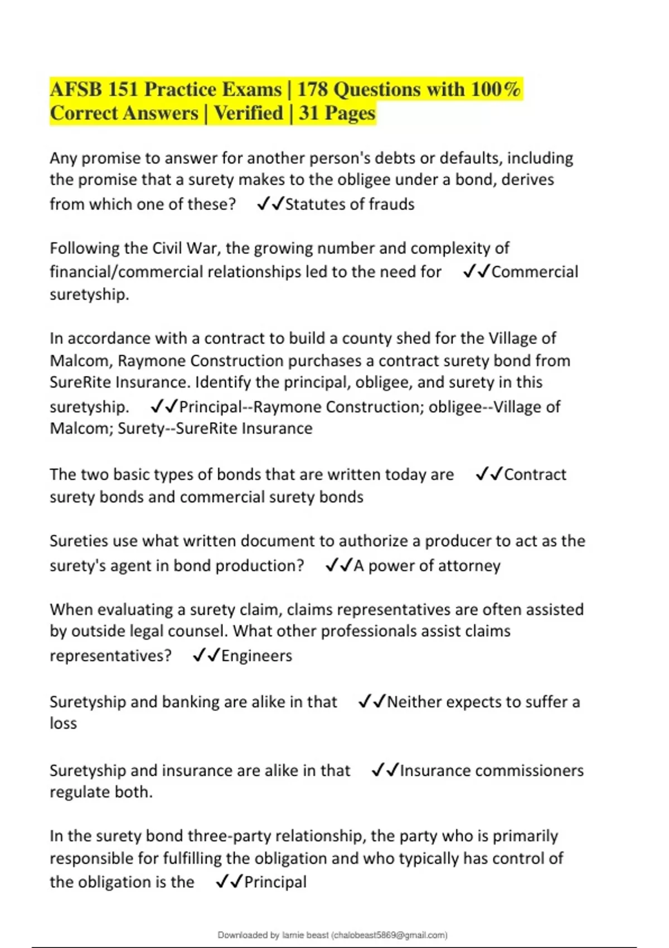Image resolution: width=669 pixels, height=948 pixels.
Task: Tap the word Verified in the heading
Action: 249,113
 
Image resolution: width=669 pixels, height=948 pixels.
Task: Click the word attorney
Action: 469,565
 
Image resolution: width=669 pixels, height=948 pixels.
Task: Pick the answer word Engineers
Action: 256,656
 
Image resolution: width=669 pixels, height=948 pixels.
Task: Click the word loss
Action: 63,723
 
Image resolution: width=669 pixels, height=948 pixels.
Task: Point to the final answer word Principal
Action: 275,882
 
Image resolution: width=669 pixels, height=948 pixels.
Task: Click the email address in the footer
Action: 390,935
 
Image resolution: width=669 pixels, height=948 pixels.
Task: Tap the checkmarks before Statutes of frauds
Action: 270,204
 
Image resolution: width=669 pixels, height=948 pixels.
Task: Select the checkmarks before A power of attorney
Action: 338,565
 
